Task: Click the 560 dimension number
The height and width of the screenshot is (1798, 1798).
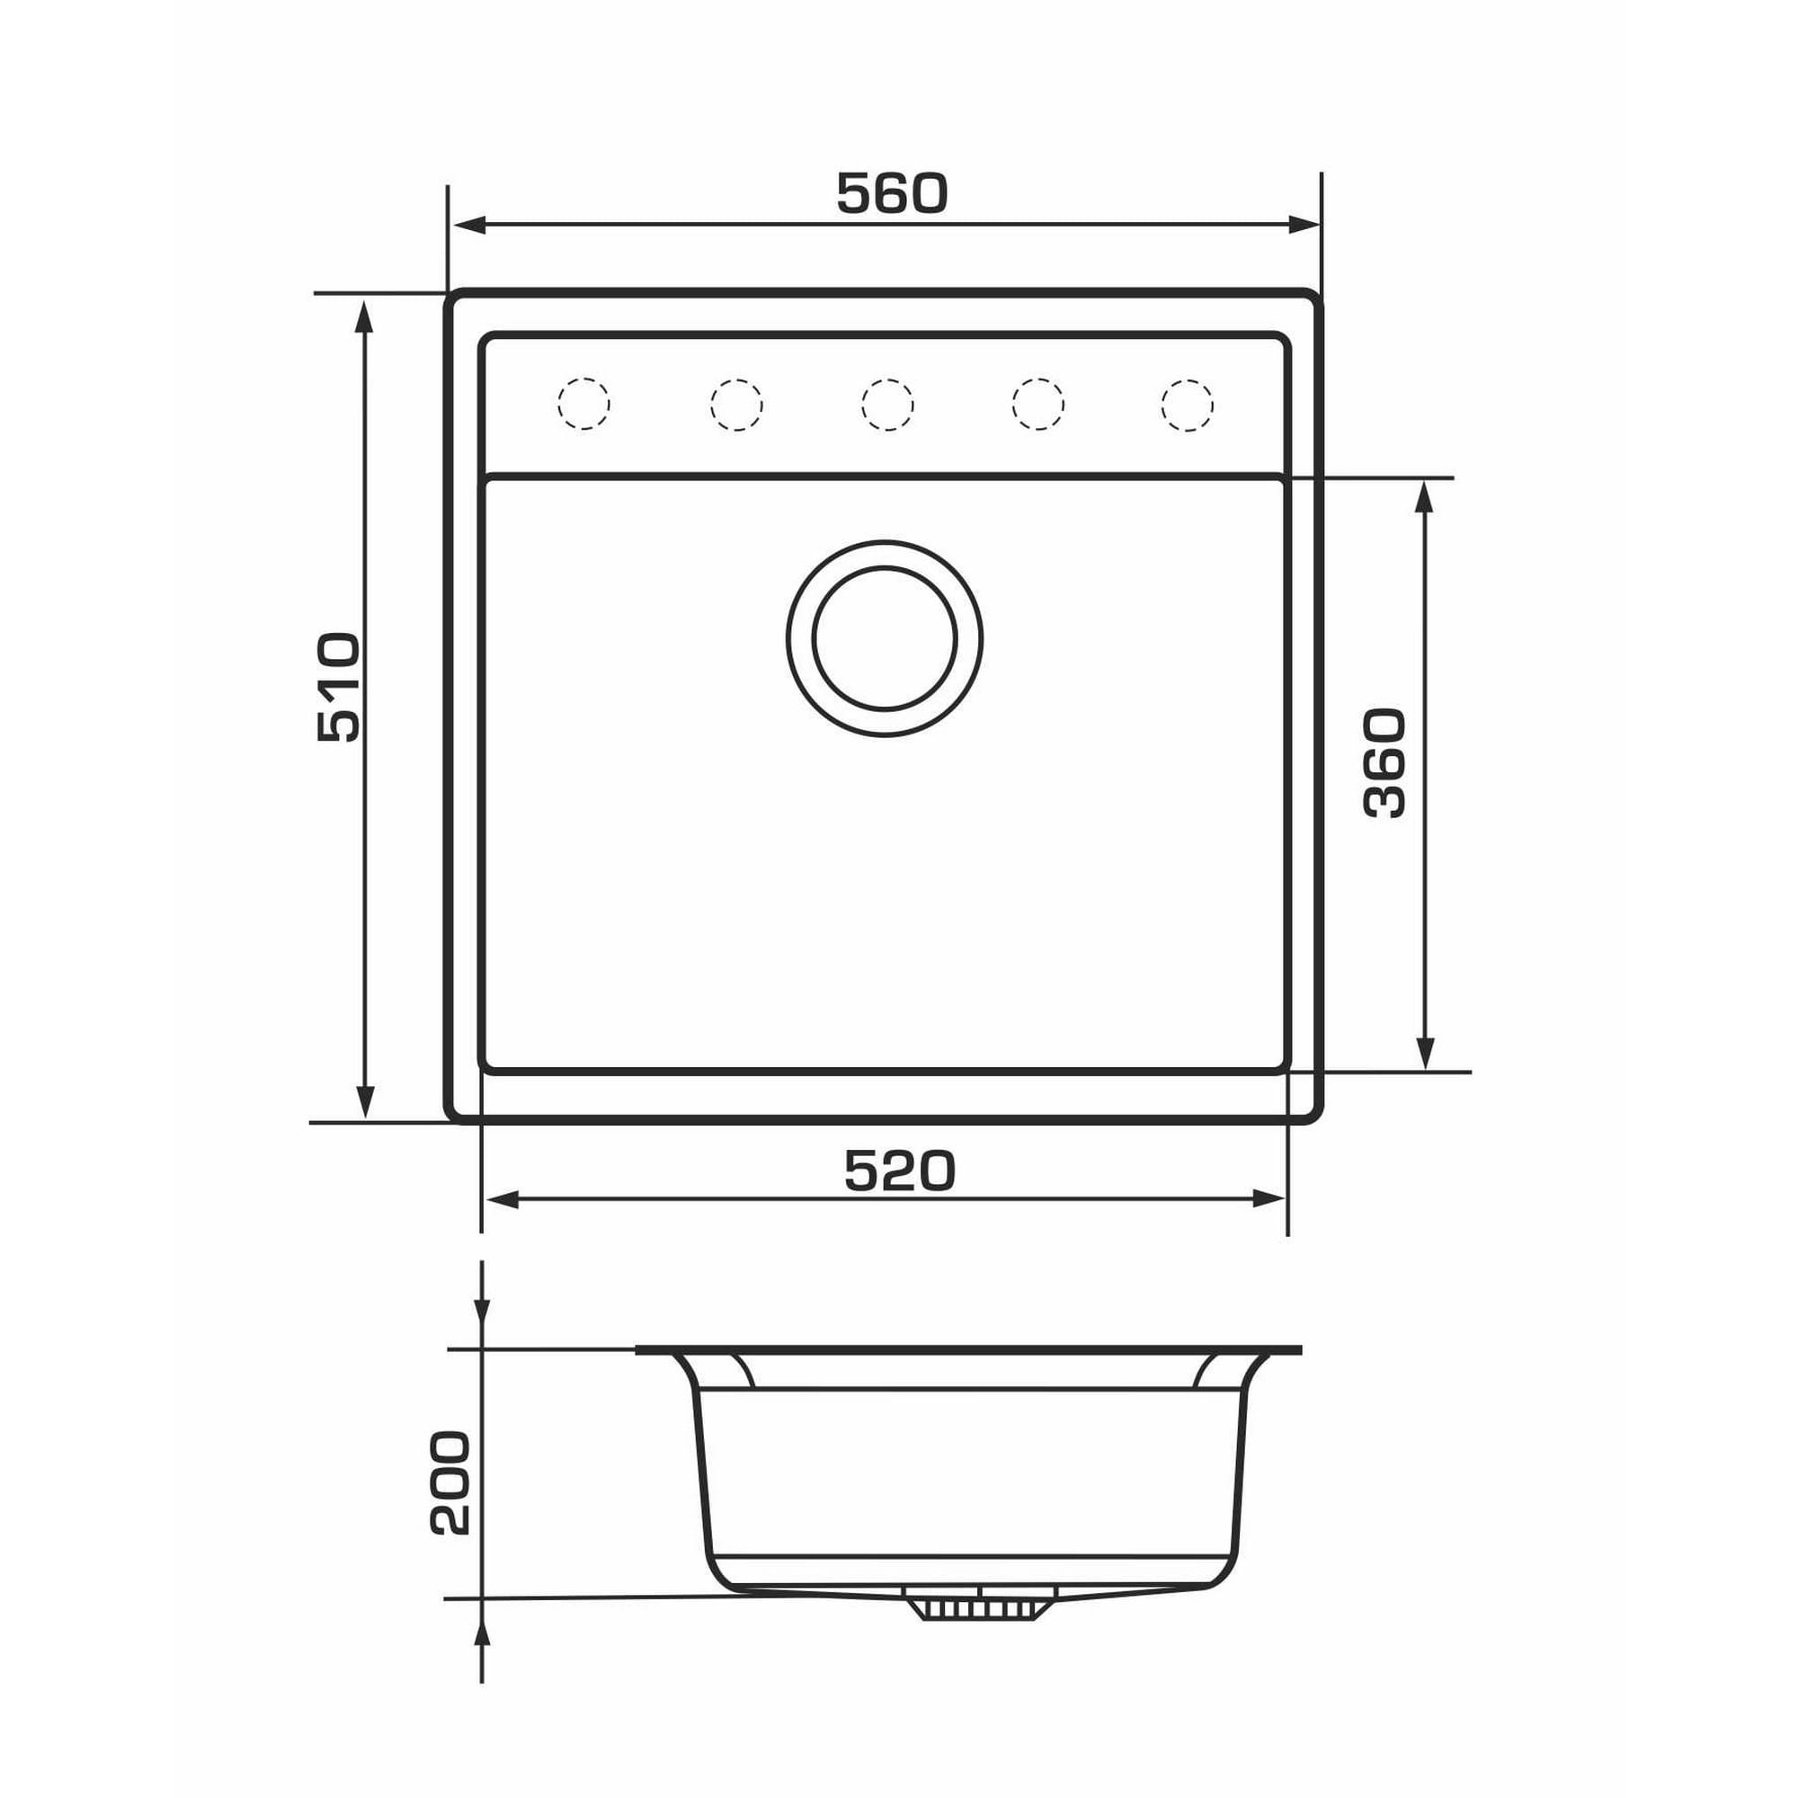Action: click(892, 193)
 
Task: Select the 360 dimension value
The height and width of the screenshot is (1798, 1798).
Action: click(1384, 763)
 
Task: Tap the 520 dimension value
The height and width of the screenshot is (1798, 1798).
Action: click(899, 1170)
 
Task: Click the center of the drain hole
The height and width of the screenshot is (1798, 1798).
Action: click(884, 638)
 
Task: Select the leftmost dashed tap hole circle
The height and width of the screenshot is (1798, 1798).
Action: click(583, 404)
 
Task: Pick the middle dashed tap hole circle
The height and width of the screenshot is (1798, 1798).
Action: click(887, 404)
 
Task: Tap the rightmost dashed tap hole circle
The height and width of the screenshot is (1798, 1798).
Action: click(1188, 405)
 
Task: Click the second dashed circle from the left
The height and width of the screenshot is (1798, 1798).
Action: click(736, 405)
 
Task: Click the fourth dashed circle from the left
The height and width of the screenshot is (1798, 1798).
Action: click(1037, 404)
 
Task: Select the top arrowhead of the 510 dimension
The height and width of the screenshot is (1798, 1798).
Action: click(365, 318)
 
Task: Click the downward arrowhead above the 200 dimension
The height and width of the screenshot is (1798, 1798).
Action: click(481, 1310)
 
